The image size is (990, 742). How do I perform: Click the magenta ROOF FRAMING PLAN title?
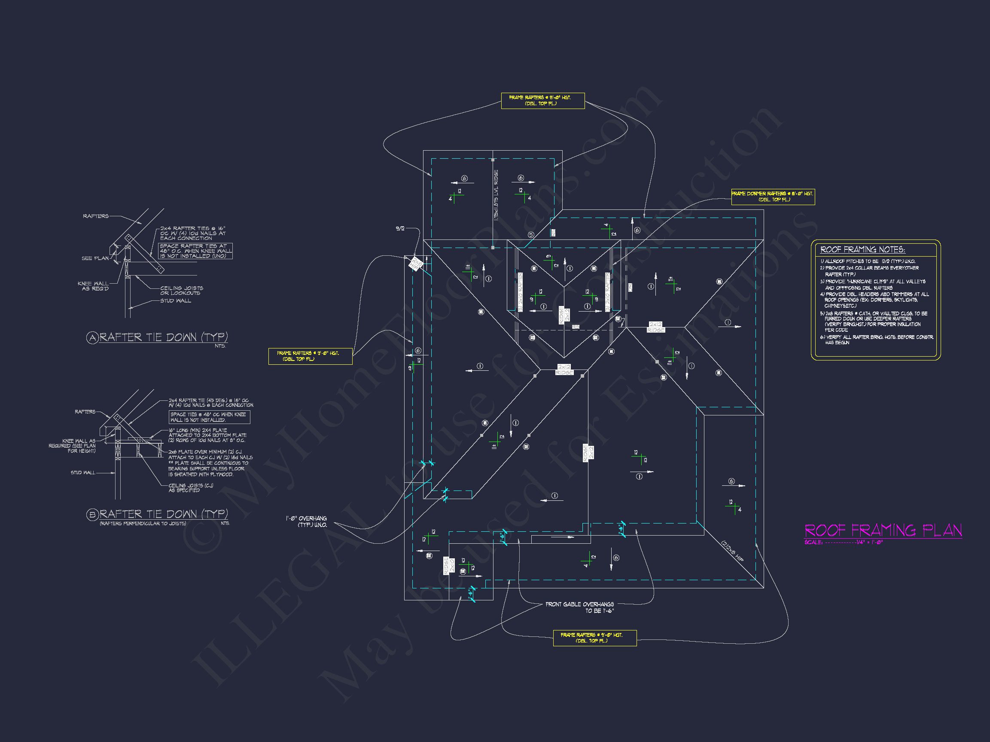pos(883,530)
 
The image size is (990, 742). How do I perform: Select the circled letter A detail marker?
pos(92,338)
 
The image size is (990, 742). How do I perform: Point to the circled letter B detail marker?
pos(92,515)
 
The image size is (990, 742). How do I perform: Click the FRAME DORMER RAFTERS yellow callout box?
pos(773,197)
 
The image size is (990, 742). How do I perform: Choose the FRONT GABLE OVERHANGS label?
pos(579,607)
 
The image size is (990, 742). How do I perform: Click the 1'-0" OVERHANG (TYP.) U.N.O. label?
pos(307,521)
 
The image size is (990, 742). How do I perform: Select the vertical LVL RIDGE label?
pos(496,194)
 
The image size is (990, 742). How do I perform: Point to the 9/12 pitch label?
pos(400,229)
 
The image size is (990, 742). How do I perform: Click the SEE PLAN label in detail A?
pos(95,258)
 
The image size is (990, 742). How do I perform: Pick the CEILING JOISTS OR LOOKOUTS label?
pos(181,291)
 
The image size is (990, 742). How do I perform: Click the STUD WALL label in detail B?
pos(83,472)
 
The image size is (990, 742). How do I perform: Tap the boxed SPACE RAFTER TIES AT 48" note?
pos(195,251)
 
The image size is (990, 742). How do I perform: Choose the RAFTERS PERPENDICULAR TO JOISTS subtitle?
pos(142,523)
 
